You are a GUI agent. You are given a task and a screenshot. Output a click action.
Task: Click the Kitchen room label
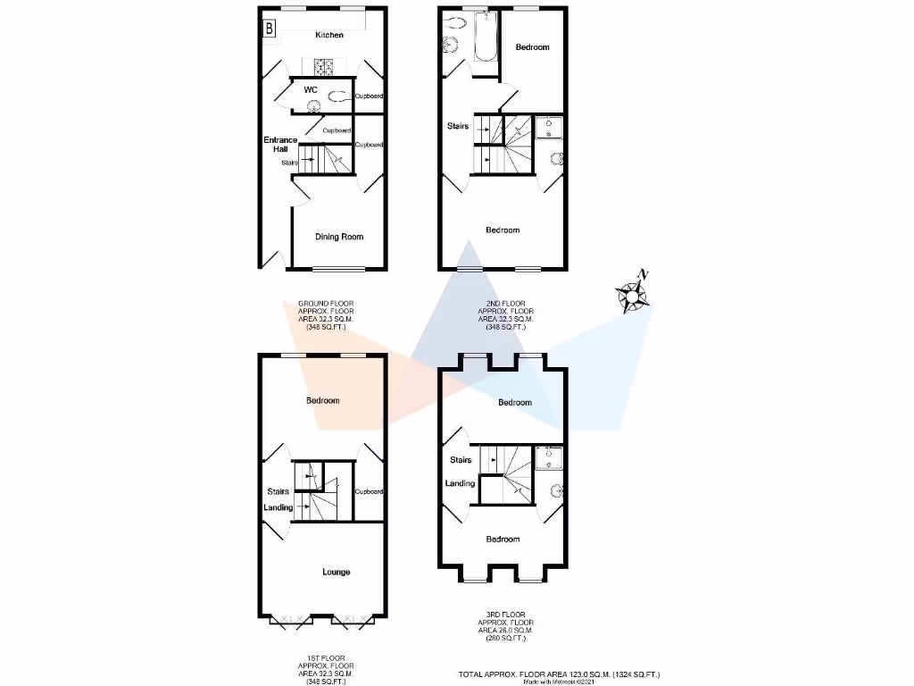point(328,35)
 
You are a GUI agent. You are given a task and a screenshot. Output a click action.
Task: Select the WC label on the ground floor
point(311,89)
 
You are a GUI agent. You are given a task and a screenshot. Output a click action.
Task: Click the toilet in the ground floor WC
point(338,97)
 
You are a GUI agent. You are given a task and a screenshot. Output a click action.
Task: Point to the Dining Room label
point(339,237)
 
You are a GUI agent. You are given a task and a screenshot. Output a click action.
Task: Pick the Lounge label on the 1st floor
point(336,572)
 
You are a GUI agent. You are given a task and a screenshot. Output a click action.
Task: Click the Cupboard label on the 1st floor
point(369,492)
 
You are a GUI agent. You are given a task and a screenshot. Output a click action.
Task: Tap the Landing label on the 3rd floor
point(461,483)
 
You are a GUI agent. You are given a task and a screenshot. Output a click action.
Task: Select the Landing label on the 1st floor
point(278,508)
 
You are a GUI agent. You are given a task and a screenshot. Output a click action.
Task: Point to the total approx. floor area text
point(561,674)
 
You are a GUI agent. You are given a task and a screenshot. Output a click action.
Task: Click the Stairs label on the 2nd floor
point(458,126)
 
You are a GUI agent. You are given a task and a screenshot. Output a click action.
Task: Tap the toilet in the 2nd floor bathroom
point(449,45)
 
